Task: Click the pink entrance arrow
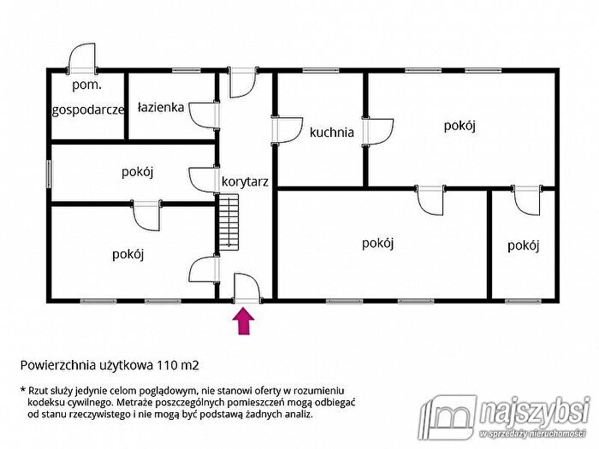pyautogui.click(x=244, y=322)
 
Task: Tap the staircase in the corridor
pyautogui.click(x=228, y=222)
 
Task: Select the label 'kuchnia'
pyautogui.click(x=332, y=133)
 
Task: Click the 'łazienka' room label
pyautogui.click(x=161, y=107)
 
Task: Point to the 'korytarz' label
pyautogui.click(x=245, y=181)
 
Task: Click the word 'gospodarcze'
pyautogui.click(x=88, y=110)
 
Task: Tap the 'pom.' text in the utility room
pyautogui.click(x=87, y=85)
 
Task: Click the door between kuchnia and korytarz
pyautogui.click(x=287, y=130)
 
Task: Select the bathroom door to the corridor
pyautogui.click(x=205, y=115)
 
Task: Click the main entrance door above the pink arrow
pyautogui.click(x=247, y=289)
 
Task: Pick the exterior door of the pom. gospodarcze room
pyautogui.click(x=82, y=58)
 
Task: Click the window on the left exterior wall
pyautogui.click(x=50, y=174)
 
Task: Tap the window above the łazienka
pyautogui.click(x=186, y=70)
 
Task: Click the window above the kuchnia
pyautogui.click(x=321, y=70)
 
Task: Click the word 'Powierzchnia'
pyautogui.click(x=58, y=365)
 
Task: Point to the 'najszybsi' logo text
pyautogui.click(x=534, y=412)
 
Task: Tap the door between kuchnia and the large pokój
pyautogui.click(x=378, y=132)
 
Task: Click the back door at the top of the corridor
pyautogui.click(x=243, y=82)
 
